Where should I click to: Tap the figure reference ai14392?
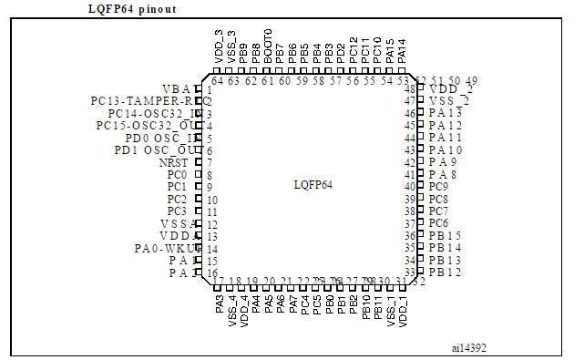click(x=469, y=346)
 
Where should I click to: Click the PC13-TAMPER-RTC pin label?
click(x=146, y=100)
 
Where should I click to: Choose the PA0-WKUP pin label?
click(x=166, y=249)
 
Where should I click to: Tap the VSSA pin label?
click(x=177, y=224)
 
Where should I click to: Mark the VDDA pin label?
click(x=177, y=236)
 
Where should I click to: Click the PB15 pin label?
click(x=445, y=235)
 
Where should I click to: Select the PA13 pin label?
click(x=445, y=112)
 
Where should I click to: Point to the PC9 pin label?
click(x=438, y=186)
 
